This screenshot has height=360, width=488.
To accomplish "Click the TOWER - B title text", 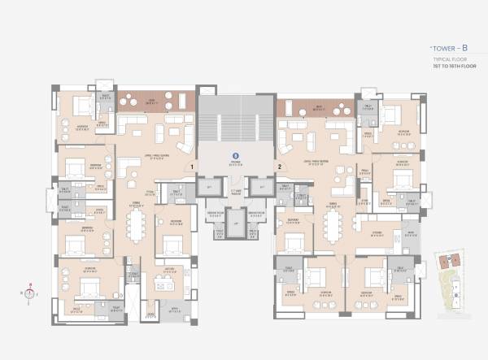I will click(x=448, y=48).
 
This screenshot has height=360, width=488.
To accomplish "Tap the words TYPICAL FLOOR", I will click(x=447, y=60).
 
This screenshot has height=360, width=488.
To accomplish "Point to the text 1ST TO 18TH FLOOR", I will click(x=447, y=67).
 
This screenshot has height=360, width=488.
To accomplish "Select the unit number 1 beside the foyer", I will click(x=192, y=167).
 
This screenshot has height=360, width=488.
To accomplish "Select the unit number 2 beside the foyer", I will click(x=279, y=167).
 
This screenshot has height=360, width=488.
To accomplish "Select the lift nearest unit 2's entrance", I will click(x=261, y=188).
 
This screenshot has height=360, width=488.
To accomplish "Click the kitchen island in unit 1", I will click(x=166, y=284).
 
